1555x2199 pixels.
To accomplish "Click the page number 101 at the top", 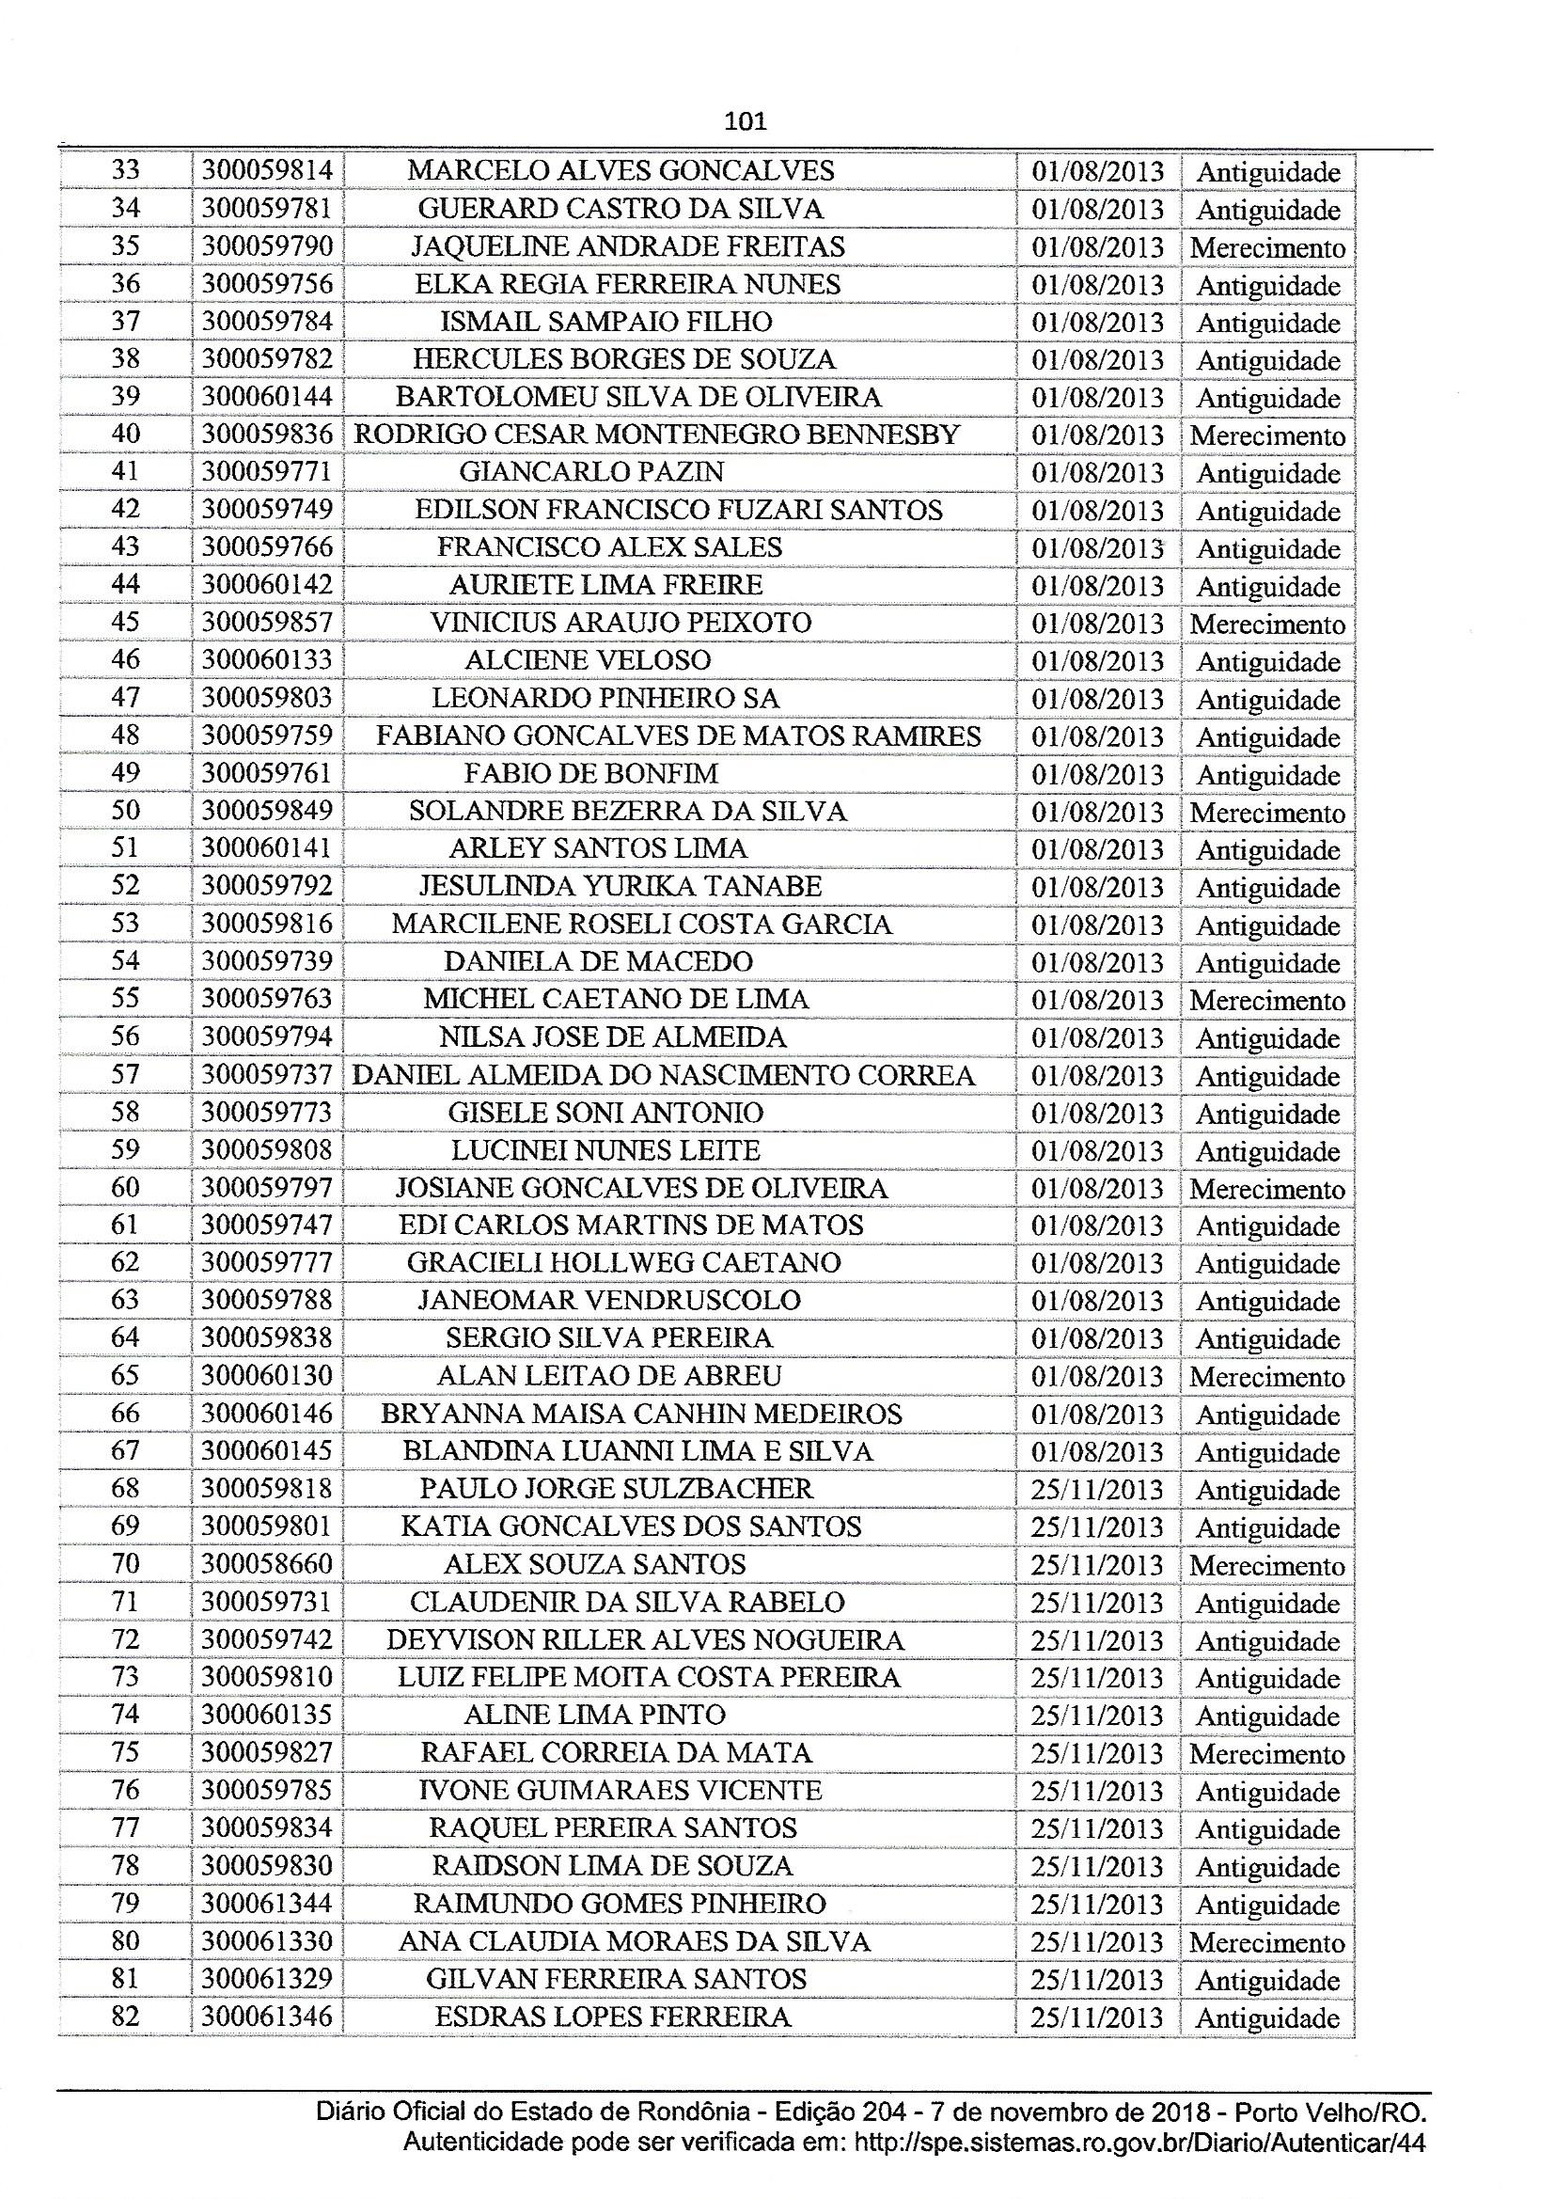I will pyautogui.click(x=745, y=121).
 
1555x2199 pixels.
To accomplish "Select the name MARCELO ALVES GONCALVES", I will pyautogui.click(x=620, y=170).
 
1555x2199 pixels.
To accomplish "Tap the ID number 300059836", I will pyautogui.click(x=267, y=435).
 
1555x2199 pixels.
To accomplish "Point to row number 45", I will pyautogui.click(x=125, y=623).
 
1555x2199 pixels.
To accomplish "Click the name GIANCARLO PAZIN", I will pyautogui.click(x=591, y=472).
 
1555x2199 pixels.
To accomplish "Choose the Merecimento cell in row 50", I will pyautogui.click(x=1266, y=814).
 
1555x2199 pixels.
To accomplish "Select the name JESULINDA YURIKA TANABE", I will pyautogui.click(x=620, y=886).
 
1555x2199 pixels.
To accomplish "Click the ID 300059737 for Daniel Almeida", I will pyautogui.click(x=267, y=1075).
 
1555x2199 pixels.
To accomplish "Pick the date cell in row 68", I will pyautogui.click(x=1096, y=1489).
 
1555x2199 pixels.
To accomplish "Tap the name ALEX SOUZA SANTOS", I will pyautogui.click(x=594, y=1565).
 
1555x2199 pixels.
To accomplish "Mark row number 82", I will pyautogui.click(x=125, y=2017).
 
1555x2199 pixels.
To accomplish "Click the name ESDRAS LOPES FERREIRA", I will pyautogui.click(x=613, y=2017).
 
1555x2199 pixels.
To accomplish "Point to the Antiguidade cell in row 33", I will pyautogui.click(x=1267, y=172).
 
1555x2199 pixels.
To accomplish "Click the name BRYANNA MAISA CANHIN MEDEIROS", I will pyautogui.click(x=640, y=1414).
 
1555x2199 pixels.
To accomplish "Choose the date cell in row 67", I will pyautogui.click(x=1096, y=1452).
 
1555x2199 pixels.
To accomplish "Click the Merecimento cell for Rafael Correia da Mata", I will pyautogui.click(x=1266, y=1755).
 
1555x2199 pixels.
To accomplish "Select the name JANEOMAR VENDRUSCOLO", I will pyautogui.click(x=609, y=1301).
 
